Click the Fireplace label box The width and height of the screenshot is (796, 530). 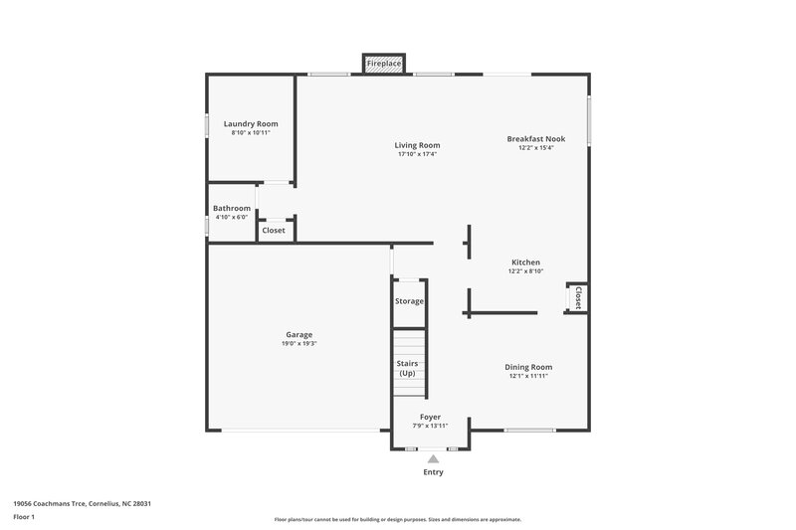click(383, 64)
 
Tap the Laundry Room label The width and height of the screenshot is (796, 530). click(251, 123)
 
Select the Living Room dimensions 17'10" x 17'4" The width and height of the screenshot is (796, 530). click(418, 154)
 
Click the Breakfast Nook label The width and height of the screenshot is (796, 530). click(535, 138)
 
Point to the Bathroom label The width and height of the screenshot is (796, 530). click(232, 208)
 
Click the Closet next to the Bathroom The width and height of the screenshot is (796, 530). click(274, 230)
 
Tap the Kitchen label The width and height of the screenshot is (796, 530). click(525, 263)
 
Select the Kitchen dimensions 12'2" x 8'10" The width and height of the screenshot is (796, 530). click(525, 271)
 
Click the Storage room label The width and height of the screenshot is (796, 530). click(409, 301)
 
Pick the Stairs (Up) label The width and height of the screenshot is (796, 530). click(407, 368)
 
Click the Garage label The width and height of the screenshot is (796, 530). click(299, 335)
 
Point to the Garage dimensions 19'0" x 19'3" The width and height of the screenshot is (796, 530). click(299, 344)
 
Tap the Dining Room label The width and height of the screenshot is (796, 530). click(528, 367)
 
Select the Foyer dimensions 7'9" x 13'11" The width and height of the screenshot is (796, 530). click(430, 426)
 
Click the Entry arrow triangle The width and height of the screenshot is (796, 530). click(433, 458)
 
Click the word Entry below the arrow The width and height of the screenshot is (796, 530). click(433, 472)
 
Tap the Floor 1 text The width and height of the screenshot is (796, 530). click(24, 518)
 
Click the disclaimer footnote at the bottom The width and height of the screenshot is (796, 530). click(398, 519)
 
